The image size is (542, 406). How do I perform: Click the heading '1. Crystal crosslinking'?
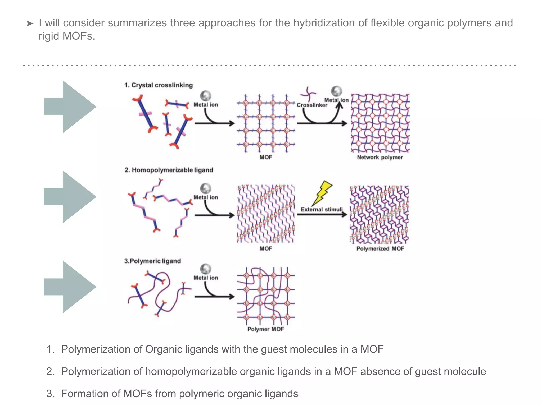pyautogui.click(x=158, y=85)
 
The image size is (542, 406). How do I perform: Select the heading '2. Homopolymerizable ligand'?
pyautogui.click(x=169, y=170)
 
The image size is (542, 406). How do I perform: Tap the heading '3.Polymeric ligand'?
pyautogui.click(x=152, y=261)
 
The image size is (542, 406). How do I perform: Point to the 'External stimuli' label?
pyautogui.click(x=322, y=209)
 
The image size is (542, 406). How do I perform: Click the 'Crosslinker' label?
pyautogui.click(x=312, y=105)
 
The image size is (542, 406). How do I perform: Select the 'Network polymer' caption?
pyautogui.click(x=380, y=157)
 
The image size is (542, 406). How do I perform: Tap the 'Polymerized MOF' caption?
pyautogui.click(x=380, y=248)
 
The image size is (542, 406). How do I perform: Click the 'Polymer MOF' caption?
pyautogui.click(x=265, y=329)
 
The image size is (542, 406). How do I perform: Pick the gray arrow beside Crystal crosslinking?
pyautogui.click(x=70, y=107)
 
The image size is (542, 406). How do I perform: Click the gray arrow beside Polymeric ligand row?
pyautogui.click(x=70, y=287)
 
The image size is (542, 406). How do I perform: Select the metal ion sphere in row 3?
pyautogui.click(x=206, y=269)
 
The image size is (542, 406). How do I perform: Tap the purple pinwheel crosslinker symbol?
pyautogui.click(x=308, y=94)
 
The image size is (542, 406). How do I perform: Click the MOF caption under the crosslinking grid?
pyautogui.click(x=265, y=157)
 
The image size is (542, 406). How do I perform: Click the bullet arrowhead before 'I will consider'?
pyautogui.click(x=30, y=24)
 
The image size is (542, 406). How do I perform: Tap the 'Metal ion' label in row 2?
pyautogui.click(x=206, y=197)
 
